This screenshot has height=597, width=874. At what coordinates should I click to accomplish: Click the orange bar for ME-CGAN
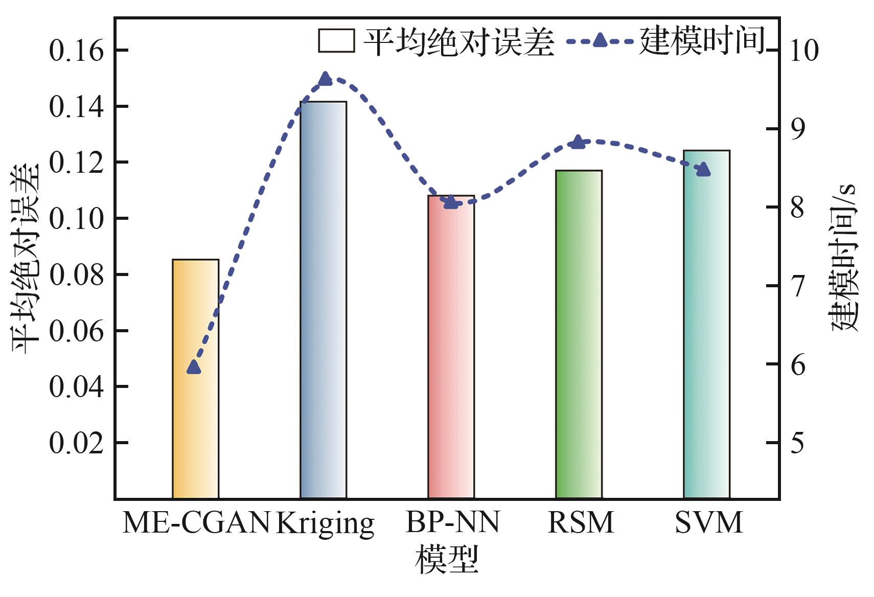pyautogui.click(x=195, y=378)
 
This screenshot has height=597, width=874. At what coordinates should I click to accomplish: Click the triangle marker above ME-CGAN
pyautogui.click(x=194, y=367)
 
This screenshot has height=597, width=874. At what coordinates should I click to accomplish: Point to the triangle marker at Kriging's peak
pyautogui.click(x=325, y=79)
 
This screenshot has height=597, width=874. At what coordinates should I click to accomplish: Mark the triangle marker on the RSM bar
pyautogui.click(x=578, y=142)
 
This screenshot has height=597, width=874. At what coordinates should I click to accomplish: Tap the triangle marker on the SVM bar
pyautogui.click(x=704, y=170)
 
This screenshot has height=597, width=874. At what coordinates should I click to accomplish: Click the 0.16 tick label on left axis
pyautogui.click(x=76, y=51)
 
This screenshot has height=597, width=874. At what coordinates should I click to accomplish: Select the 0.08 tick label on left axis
pyautogui.click(x=76, y=275)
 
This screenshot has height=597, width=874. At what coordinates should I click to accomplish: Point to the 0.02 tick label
pyautogui.click(x=76, y=443)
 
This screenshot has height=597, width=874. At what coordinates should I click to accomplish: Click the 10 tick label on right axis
pyautogui.click(x=804, y=51)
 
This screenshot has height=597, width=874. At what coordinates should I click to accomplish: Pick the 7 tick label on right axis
pyautogui.click(x=797, y=286)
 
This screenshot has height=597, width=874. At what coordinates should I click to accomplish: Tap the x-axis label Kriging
pyautogui.click(x=325, y=523)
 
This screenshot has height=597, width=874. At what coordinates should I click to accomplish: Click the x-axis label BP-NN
pyautogui.click(x=452, y=522)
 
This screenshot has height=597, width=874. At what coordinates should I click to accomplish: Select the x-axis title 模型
pyautogui.click(x=447, y=559)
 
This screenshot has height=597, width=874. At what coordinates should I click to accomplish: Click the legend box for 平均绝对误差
pyautogui.click(x=336, y=41)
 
